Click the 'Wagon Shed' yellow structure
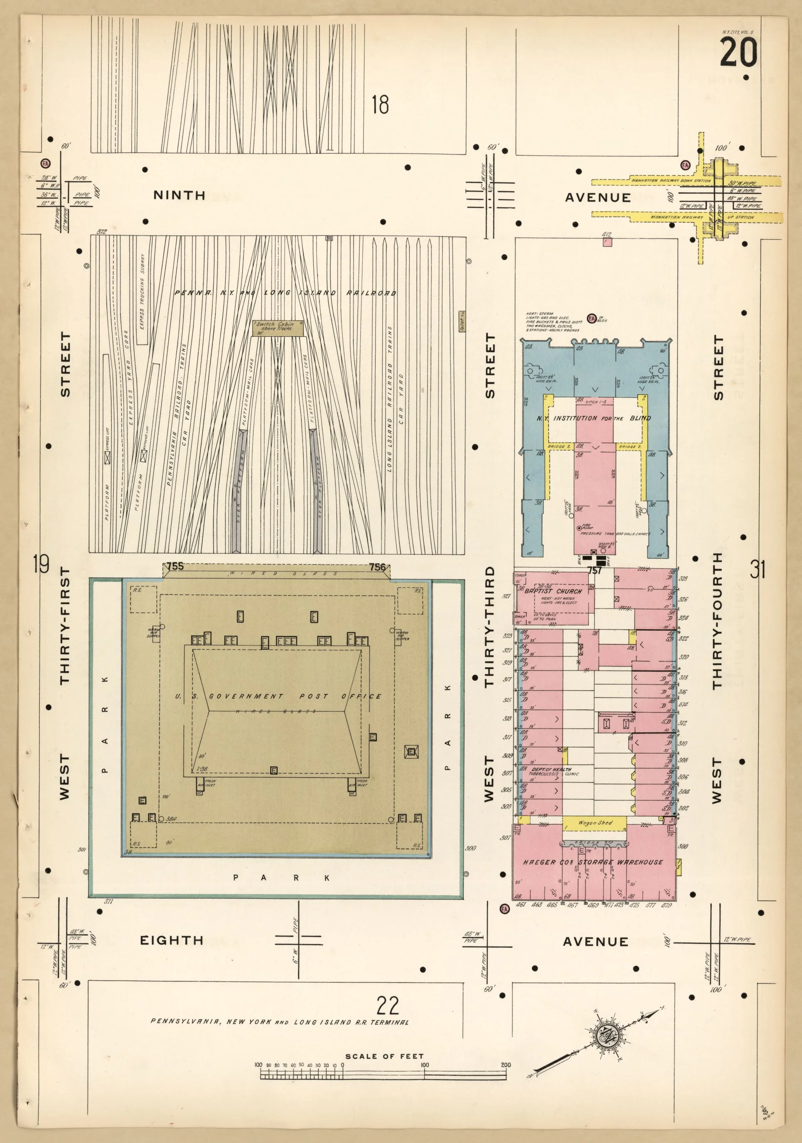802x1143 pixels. point(595,823)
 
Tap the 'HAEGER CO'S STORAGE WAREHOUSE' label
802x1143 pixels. point(593,862)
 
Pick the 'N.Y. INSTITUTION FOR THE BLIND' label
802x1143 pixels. point(593,418)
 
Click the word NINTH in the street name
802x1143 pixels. point(180,195)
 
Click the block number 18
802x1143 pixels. point(380,105)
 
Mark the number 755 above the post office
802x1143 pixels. point(175,567)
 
